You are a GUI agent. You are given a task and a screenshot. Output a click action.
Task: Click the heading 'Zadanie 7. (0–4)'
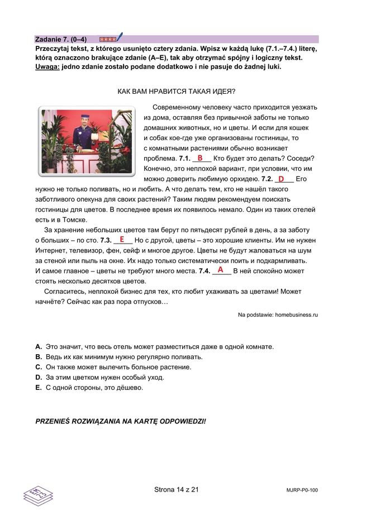[x=60, y=40]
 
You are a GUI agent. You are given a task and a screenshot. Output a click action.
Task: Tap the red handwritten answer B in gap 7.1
[x=199, y=158]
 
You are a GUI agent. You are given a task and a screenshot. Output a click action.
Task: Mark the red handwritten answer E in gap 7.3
[x=122, y=239]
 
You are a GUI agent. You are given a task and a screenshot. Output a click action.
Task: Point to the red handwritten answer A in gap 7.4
[x=221, y=270]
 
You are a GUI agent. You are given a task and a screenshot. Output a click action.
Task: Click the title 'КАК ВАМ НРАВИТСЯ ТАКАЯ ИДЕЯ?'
[x=176, y=92]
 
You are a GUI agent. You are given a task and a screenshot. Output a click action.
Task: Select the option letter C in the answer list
[x=39, y=367]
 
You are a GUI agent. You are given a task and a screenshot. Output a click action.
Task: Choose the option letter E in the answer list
[x=39, y=387]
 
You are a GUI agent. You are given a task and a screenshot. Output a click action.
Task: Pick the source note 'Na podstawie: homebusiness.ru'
[x=278, y=315]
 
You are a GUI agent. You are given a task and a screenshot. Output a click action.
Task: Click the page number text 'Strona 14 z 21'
[x=177, y=489]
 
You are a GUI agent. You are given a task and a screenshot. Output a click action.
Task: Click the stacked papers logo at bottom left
[x=37, y=494]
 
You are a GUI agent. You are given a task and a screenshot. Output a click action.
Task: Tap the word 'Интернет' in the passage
[x=51, y=250]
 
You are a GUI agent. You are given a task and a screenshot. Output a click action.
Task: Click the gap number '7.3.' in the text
[x=106, y=240]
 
